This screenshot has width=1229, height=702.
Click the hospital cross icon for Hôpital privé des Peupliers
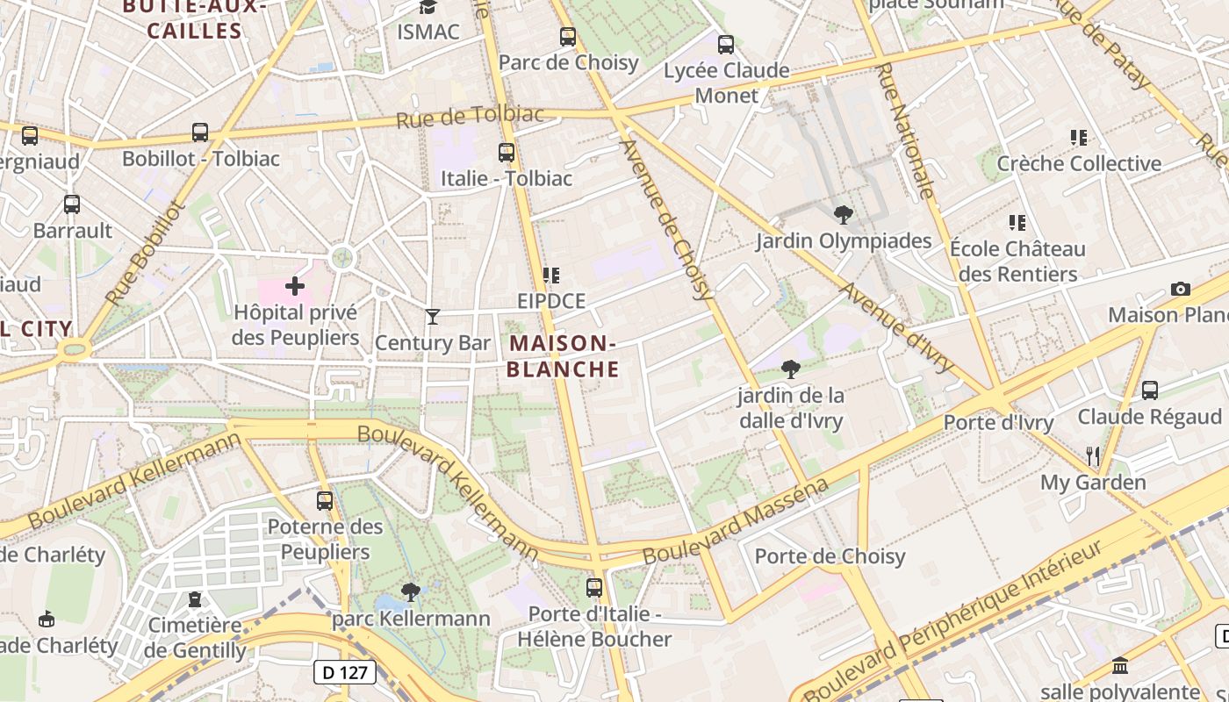pos(295,285)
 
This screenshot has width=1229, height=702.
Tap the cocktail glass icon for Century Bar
pos(432,316)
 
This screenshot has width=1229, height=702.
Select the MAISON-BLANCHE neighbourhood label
pos(563,355)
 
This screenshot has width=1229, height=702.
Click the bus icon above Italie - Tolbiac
pos(507,152)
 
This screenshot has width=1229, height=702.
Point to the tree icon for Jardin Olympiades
pos(843,214)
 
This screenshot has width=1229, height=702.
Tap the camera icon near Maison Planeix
pos(1181,289)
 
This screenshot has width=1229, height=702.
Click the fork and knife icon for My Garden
pos(1093,455)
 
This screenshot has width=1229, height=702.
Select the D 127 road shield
pos(345,673)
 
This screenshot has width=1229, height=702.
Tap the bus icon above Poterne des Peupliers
pos(325,500)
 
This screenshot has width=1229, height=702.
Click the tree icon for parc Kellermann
pos(410,592)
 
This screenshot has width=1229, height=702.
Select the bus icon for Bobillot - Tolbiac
pos(200,133)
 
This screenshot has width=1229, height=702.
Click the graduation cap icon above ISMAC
pos(428,7)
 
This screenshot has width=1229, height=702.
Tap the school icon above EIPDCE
pos(550,276)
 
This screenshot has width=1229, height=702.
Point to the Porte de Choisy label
pos(830,556)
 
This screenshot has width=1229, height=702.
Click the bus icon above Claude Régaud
pos(1150,390)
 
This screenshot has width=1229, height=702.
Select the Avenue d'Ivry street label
pos(896,326)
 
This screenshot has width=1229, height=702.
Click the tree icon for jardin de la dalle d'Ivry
pos(790,369)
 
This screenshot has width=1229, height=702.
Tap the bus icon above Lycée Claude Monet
pos(726,44)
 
